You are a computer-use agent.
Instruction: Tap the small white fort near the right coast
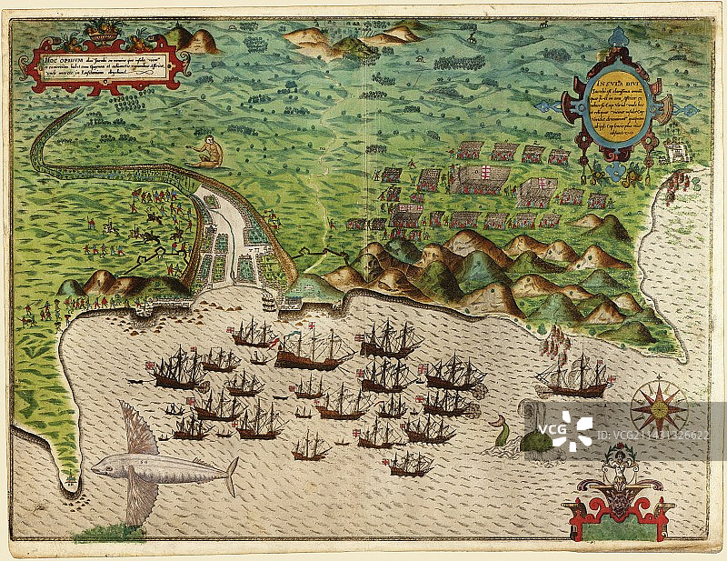(x=675, y=149)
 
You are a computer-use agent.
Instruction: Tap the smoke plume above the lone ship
(x=553, y=341)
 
